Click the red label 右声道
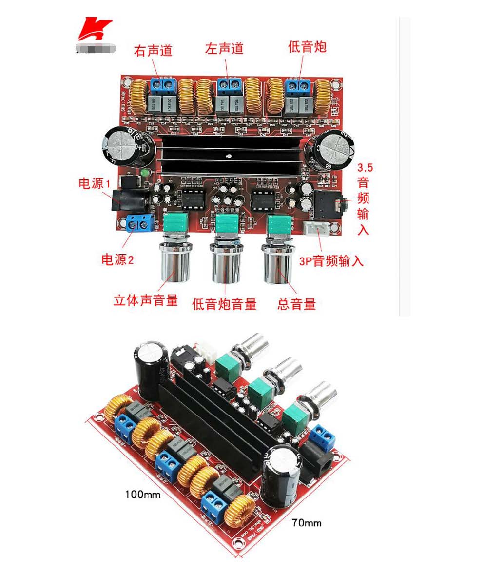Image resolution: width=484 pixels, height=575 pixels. (x=153, y=50)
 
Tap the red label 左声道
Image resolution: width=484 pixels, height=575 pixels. (x=224, y=49)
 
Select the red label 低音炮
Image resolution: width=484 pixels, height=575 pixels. (x=307, y=47)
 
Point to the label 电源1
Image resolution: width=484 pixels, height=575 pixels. (x=95, y=184)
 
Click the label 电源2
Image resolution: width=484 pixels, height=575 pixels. (x=117, y=259)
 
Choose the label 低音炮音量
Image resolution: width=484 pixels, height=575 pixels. (x=224, y=304)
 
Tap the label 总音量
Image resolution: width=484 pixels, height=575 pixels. (x=296, y=305)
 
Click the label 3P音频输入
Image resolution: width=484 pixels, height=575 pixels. (x=331, y=261)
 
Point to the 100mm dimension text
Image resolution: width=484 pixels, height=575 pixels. (x=143, y=494)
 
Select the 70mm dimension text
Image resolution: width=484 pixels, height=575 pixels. (x=307, y=523)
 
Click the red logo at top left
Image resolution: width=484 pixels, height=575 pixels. (x=95, y=29)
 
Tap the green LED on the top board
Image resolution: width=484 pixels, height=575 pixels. (x=144, y=173)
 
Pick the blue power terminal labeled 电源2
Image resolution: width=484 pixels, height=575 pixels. (x=138, y=223)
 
